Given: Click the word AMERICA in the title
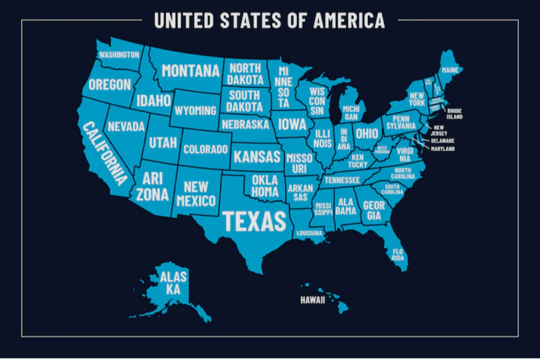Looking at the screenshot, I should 349,20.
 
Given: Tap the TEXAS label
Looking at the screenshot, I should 254,221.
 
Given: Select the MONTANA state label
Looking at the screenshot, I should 190,71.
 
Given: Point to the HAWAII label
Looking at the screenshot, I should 312,300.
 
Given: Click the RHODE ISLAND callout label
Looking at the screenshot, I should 454,113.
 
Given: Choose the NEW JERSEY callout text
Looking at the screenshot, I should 440,130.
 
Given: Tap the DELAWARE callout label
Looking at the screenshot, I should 442,141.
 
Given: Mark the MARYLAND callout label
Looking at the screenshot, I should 442,149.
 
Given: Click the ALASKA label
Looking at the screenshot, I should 173,283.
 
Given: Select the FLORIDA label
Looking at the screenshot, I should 398,254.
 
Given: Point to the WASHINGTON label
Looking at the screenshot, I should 119,54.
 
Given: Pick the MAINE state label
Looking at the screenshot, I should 450,70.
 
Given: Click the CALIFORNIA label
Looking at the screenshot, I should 104,153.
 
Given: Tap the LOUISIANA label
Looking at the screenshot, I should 309,233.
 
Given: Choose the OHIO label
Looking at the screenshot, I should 367,133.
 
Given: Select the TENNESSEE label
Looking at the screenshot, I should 342,180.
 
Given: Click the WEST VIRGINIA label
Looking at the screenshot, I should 382,150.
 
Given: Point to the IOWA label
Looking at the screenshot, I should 292,124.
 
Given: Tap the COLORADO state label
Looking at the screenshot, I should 205,149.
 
